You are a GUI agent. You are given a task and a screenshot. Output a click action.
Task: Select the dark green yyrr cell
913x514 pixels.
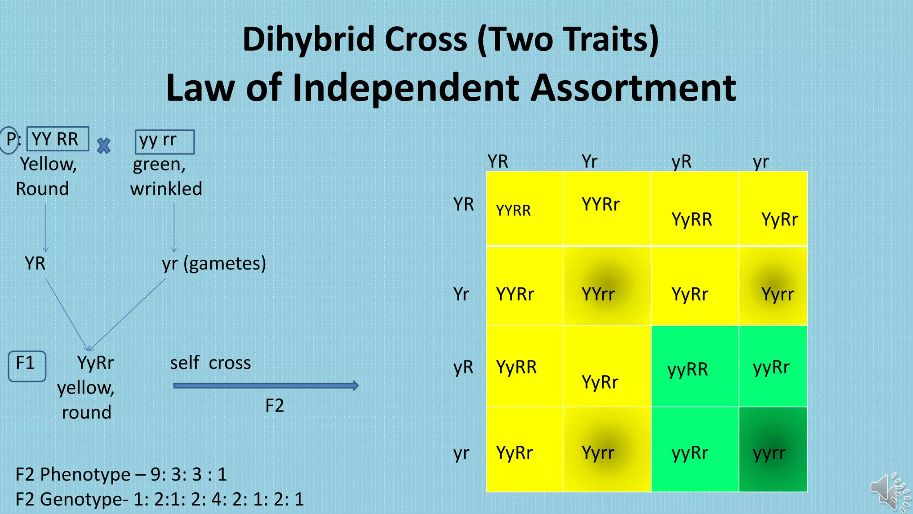pyautogui.click(x=773, y=450)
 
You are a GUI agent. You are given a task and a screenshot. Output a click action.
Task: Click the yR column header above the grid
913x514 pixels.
pyautogui.click(x=682, y=162)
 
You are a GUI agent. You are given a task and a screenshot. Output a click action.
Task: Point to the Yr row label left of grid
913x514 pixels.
pyautogui.click(x=461, y=294)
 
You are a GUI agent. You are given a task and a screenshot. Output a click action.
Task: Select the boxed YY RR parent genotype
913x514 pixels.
pyautogui.click(x=58, y=139)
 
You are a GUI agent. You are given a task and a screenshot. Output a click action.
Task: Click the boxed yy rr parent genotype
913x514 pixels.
pyautogui.click(x=165, y=141)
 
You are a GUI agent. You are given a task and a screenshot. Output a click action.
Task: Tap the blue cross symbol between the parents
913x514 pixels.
pyautogui.click(x=103, y=146)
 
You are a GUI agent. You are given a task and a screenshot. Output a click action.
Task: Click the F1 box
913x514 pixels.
pyautogui.click(x=27, y=366)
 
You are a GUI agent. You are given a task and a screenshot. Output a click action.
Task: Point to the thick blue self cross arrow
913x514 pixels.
pyautogui.click(x=266, y=385)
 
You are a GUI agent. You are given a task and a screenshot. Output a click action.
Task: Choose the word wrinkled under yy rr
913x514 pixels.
pyautogui.click(x=166, y=189)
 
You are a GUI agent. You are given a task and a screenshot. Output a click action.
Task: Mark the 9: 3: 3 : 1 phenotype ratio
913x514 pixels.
pyautogui.click(x=189, y=474)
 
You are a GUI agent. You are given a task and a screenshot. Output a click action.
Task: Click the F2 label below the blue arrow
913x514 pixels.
pyautogui.click(x=275, y=406)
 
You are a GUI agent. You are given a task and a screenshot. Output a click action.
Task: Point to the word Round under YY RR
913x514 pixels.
pyautogui.click(x=42, y=189)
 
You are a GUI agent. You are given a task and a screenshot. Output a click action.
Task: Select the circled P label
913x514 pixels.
pyautogui.click(x=10, y=140)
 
